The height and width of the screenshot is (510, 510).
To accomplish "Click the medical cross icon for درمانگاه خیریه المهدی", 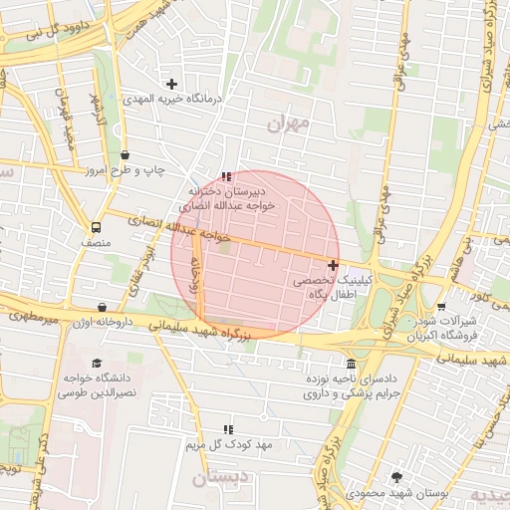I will pos(171,84).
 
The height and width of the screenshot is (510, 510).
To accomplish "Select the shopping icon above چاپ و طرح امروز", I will pos(125,155).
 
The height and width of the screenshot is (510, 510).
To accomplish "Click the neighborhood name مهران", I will pos(289,124).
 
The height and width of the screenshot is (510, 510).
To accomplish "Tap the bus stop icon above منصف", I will pos(96,227).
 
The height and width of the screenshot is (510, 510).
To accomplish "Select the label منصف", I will pos(97,243).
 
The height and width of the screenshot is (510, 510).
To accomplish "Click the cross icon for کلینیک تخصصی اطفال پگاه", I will pos(332,265).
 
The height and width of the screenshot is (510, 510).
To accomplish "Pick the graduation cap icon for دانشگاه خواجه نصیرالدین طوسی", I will pos(97,364).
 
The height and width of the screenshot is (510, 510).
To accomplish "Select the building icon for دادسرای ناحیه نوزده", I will pos(350,364).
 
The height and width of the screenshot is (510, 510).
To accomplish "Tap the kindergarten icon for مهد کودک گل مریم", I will pos(228,428).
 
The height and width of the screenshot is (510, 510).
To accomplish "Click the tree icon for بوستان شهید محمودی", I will pos(398,477).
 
